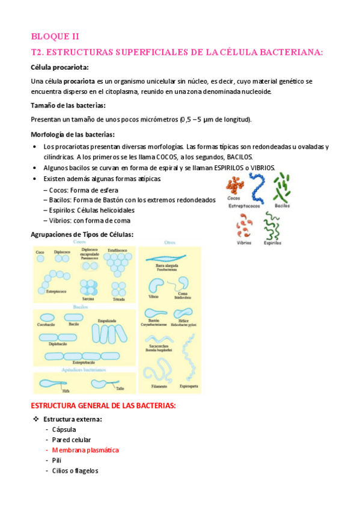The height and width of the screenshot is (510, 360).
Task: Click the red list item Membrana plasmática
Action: [x=85, y=450]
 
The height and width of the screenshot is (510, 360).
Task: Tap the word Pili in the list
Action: [x=57, y=460]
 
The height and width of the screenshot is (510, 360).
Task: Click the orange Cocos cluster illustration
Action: [x=235, y=185]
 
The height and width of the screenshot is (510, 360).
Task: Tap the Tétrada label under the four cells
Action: [x=119, y=299]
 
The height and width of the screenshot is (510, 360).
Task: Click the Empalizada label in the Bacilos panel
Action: [x=107, y=321]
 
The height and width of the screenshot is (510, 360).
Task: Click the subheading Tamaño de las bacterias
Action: [x=68, y=105]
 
